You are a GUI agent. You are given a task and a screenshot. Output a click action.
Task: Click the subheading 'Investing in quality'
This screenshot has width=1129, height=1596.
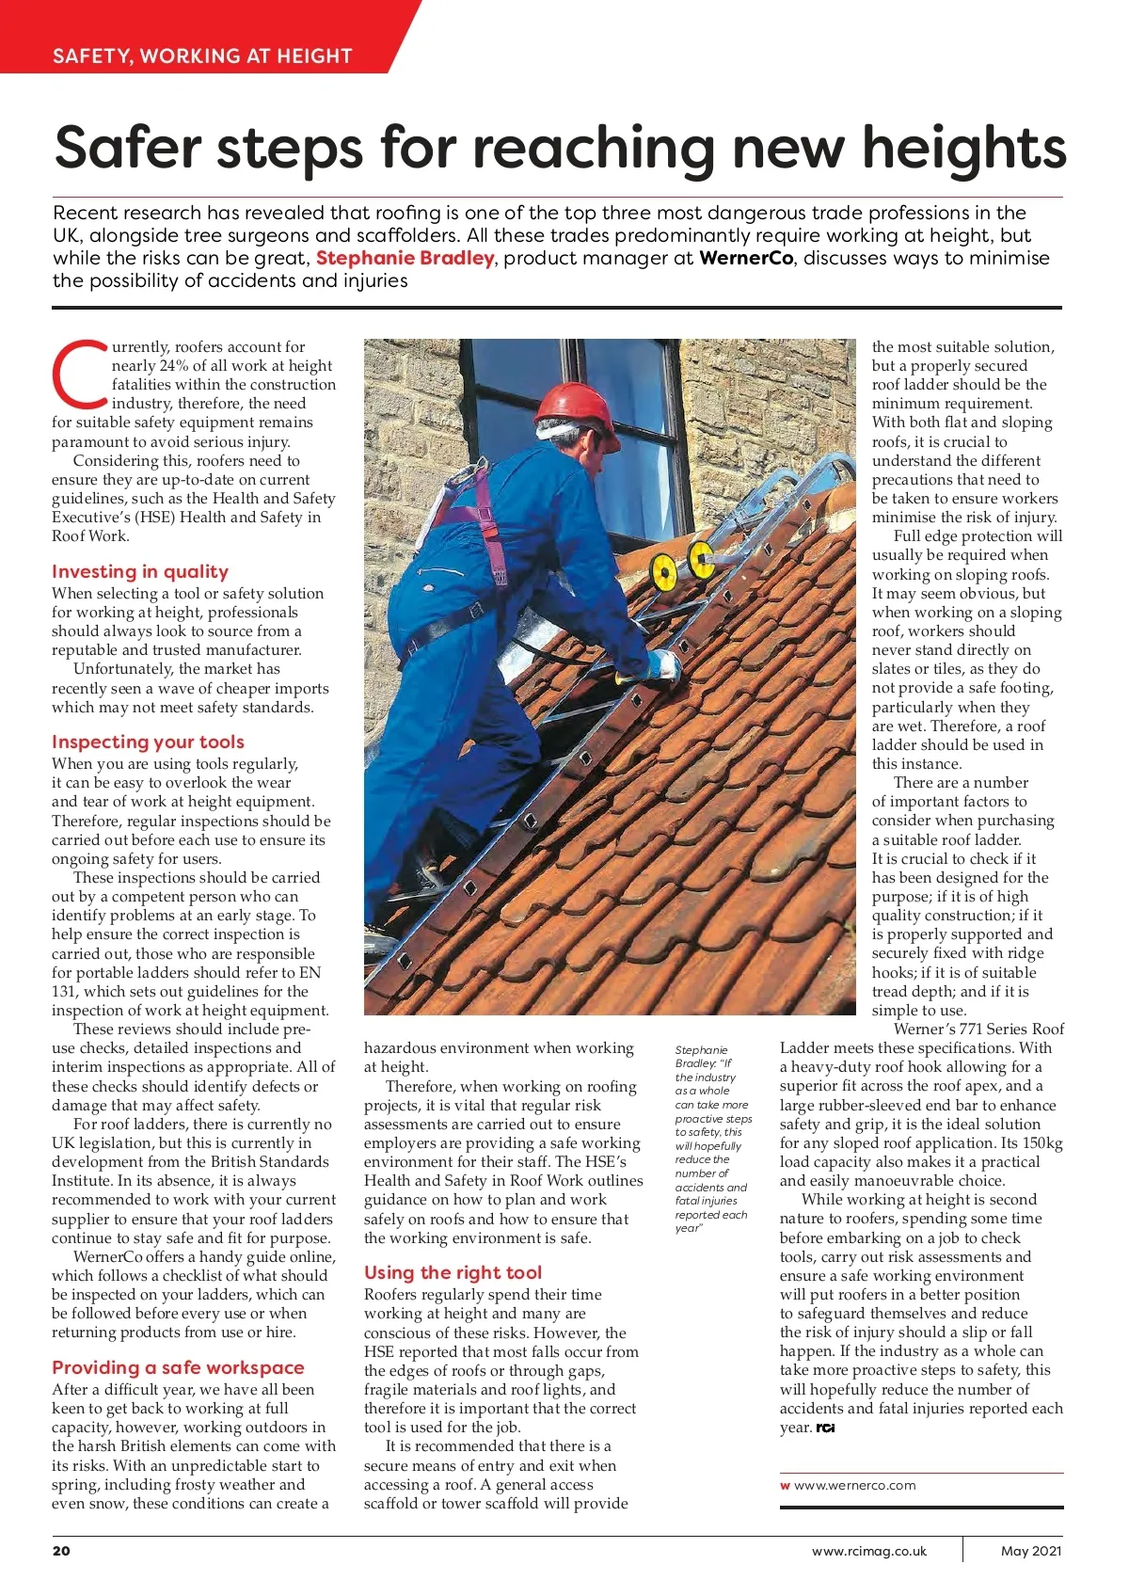140,571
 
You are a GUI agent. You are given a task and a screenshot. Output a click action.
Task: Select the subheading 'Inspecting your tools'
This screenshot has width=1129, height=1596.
148,742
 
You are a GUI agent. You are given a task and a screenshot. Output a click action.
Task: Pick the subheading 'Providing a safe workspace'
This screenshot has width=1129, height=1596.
178,1367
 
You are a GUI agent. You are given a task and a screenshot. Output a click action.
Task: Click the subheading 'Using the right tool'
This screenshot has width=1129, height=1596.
453,1272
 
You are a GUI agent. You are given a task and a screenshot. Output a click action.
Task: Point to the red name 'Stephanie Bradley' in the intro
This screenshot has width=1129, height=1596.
405,258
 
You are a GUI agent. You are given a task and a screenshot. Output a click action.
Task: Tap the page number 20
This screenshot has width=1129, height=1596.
61,1551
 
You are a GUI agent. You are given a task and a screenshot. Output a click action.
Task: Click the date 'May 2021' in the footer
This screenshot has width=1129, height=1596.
1031,1551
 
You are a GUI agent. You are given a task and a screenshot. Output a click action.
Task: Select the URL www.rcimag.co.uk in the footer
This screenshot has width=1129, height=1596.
868,1551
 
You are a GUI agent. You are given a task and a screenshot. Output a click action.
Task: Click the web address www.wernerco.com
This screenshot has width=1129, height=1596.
854,1485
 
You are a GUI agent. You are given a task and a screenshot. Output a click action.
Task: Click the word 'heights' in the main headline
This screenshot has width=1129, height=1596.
963,148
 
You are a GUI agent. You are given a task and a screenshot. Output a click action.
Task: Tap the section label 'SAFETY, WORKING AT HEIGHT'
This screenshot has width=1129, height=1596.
202,56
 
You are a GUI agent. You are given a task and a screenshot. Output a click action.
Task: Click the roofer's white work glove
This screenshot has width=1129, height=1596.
664,663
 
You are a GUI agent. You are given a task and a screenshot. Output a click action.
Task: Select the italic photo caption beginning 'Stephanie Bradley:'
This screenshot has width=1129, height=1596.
712,1139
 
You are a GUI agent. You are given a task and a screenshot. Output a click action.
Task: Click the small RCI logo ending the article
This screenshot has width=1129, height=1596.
825,1428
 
